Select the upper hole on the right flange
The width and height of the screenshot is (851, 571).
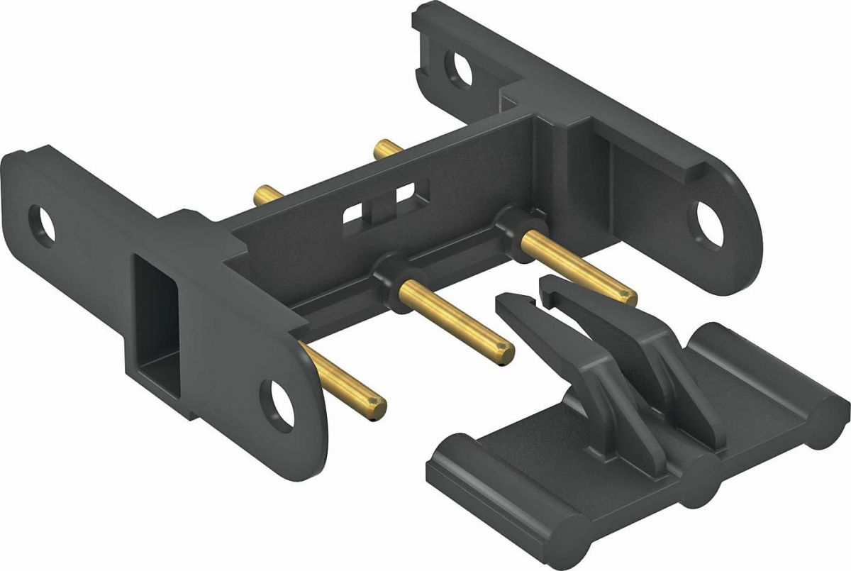click(x=459, y=70)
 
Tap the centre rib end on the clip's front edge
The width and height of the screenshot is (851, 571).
click(x=699, y=486)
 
